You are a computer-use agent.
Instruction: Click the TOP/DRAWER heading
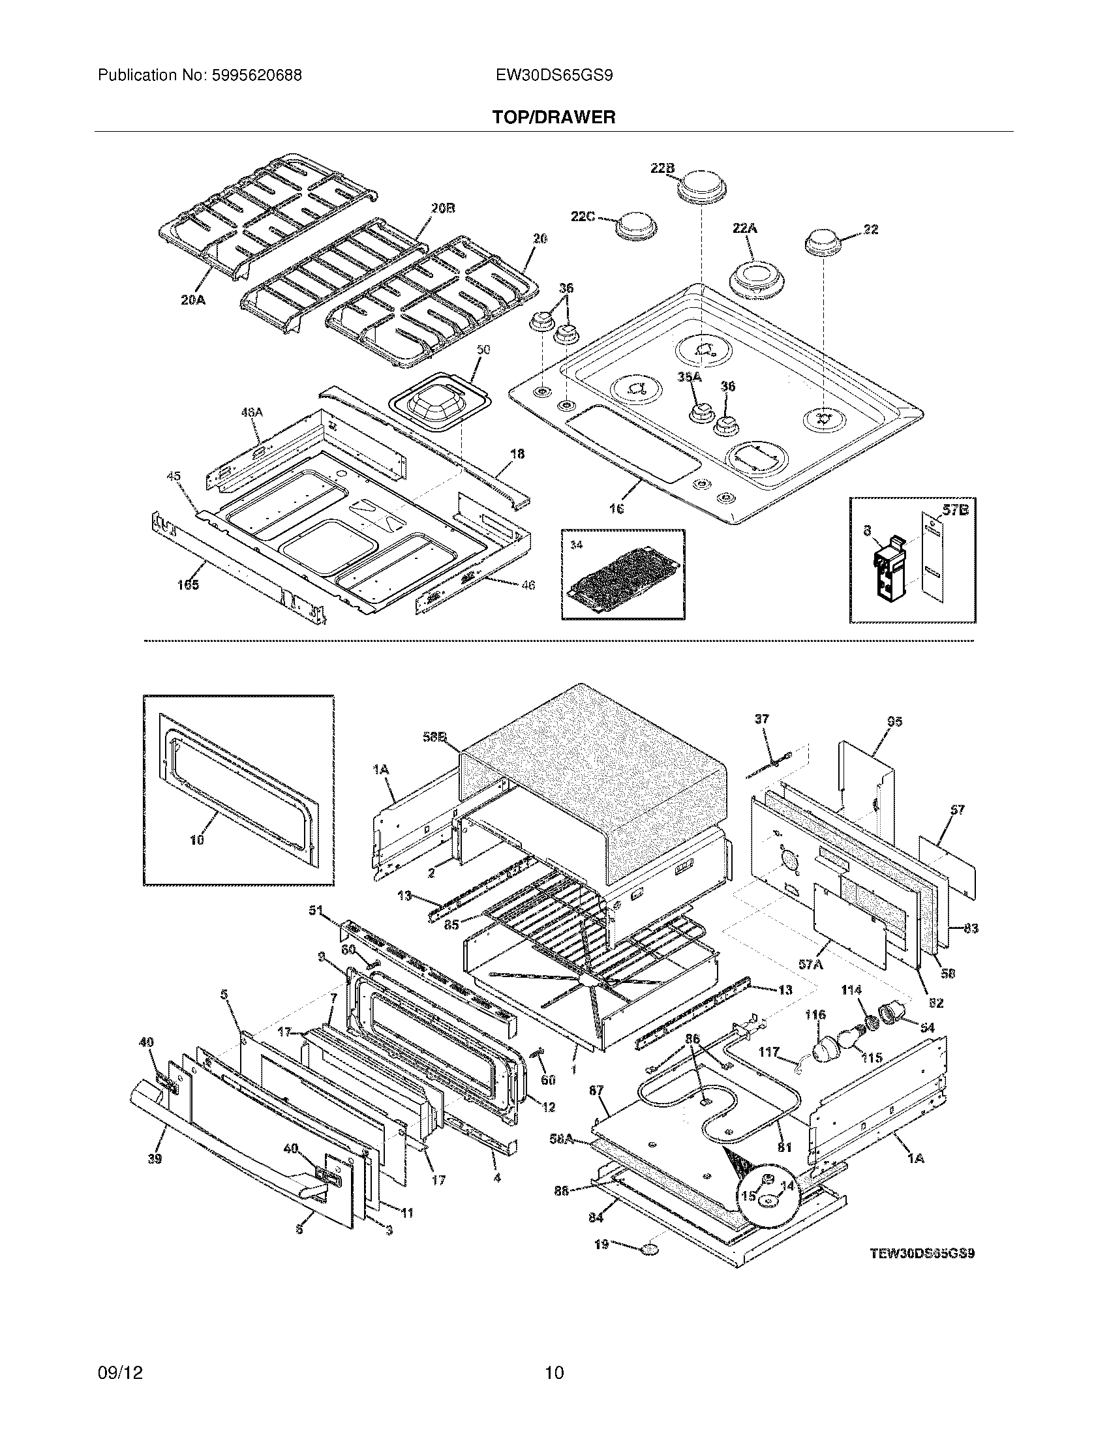[x=554, y=117]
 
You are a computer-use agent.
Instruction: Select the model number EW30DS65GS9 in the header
[x=554, y=76]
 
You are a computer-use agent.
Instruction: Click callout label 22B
[x=662, y=168]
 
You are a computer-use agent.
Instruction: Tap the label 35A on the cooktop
[x=690, y=376]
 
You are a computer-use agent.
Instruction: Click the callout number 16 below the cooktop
[x=616, y=509]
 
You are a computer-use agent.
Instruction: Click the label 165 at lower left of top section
[x=187, y=585]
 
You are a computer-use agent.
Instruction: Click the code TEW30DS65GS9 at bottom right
[x=922, y=1253]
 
